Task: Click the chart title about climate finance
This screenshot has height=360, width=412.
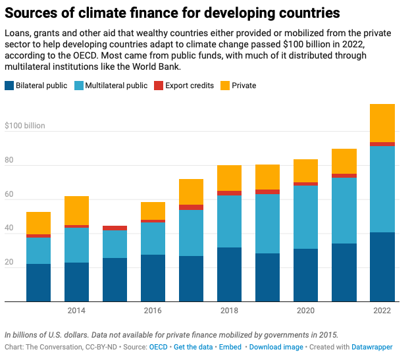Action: (x=172, y=13)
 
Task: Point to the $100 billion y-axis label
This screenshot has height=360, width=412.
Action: (x=25, y=125)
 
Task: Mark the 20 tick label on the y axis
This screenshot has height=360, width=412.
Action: (x=9, y=263)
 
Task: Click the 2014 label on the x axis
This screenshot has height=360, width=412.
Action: (x=76, y=311)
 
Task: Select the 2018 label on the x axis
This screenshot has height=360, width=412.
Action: (x=229, y=311)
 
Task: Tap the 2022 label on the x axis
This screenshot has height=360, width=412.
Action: (x=382, y=311)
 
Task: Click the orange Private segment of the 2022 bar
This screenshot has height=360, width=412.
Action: (x=382, y=123)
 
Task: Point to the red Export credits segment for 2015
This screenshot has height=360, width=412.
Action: (x=115, y=228)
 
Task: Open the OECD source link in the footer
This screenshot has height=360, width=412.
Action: (x=158, y=347)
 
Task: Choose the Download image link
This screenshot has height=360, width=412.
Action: (x=277, y=347)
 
